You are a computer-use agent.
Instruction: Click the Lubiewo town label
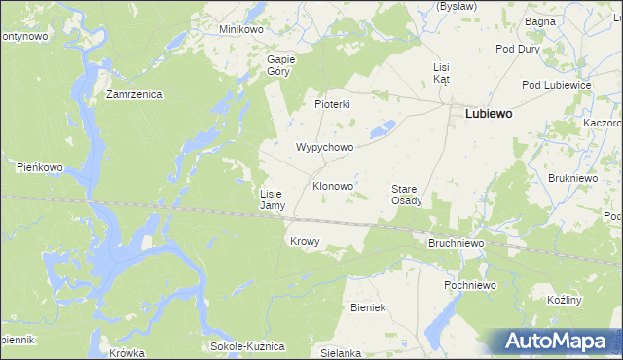[490, 113]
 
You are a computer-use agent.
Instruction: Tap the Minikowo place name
[241, 29]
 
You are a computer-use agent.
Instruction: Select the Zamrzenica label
[134, 95]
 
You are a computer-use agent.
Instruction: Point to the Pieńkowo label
[40, 167]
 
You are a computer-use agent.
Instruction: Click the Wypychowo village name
[324, 148]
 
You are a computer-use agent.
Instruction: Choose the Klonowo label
[332, 185]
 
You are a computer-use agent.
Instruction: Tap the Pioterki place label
[332, 104]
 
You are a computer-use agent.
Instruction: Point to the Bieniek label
[369, 307]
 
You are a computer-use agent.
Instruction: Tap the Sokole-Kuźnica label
[247, 346]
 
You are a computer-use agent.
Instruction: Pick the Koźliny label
[565, 300]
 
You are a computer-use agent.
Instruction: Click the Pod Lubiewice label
[557, 86]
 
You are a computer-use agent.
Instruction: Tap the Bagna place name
[567, 20]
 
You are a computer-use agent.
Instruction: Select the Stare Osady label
[406, 195]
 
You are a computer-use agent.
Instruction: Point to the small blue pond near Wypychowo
[385, 126]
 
